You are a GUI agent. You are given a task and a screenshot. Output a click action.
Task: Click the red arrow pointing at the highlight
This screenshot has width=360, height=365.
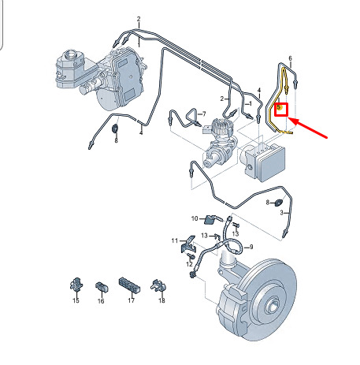click(308, 128)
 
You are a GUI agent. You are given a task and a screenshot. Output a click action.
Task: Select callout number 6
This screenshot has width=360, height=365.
click(290, 58)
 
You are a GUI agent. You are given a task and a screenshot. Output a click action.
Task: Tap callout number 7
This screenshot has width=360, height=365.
click(204, 114)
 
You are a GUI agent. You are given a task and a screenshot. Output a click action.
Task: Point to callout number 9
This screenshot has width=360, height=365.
click(251, 247)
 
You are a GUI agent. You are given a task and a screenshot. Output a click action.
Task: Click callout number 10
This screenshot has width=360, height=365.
click(195, 218)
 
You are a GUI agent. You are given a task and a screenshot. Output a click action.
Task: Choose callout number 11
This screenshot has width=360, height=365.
click(175, 240)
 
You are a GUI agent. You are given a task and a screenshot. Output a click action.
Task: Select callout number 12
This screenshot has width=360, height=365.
click(189, 264)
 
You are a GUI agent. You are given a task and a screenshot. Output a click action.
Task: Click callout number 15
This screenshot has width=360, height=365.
click(76, 300)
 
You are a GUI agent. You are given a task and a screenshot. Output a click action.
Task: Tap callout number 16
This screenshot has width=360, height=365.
click(101, 301)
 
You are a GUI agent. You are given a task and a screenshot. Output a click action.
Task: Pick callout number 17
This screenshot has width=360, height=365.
click(132, 300)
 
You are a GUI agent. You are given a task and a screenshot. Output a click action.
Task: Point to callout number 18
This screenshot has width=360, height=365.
click(161, 300)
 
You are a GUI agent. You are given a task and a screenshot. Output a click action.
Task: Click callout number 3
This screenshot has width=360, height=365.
click(281, 213)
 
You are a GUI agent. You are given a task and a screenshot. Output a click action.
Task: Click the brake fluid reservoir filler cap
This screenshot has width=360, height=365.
click(71, 54)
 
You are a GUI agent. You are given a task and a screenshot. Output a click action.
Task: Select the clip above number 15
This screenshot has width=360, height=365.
click(76, 284)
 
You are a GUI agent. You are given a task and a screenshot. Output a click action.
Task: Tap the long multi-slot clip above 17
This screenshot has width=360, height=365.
click(129, 285)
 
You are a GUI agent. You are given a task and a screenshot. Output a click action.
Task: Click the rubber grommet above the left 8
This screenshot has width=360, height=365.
click(115, 128)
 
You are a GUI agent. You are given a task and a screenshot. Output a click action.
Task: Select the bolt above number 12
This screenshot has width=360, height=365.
click(191, 255)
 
